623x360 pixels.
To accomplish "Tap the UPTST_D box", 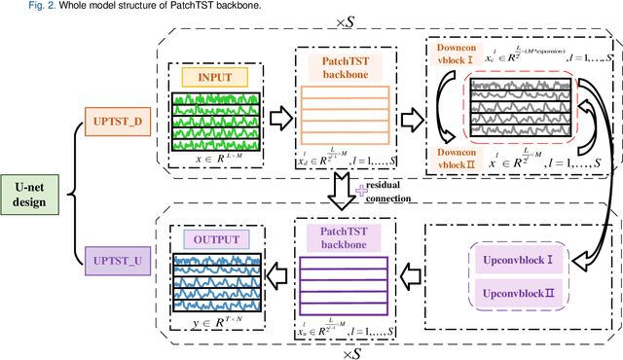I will pos(120,122).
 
